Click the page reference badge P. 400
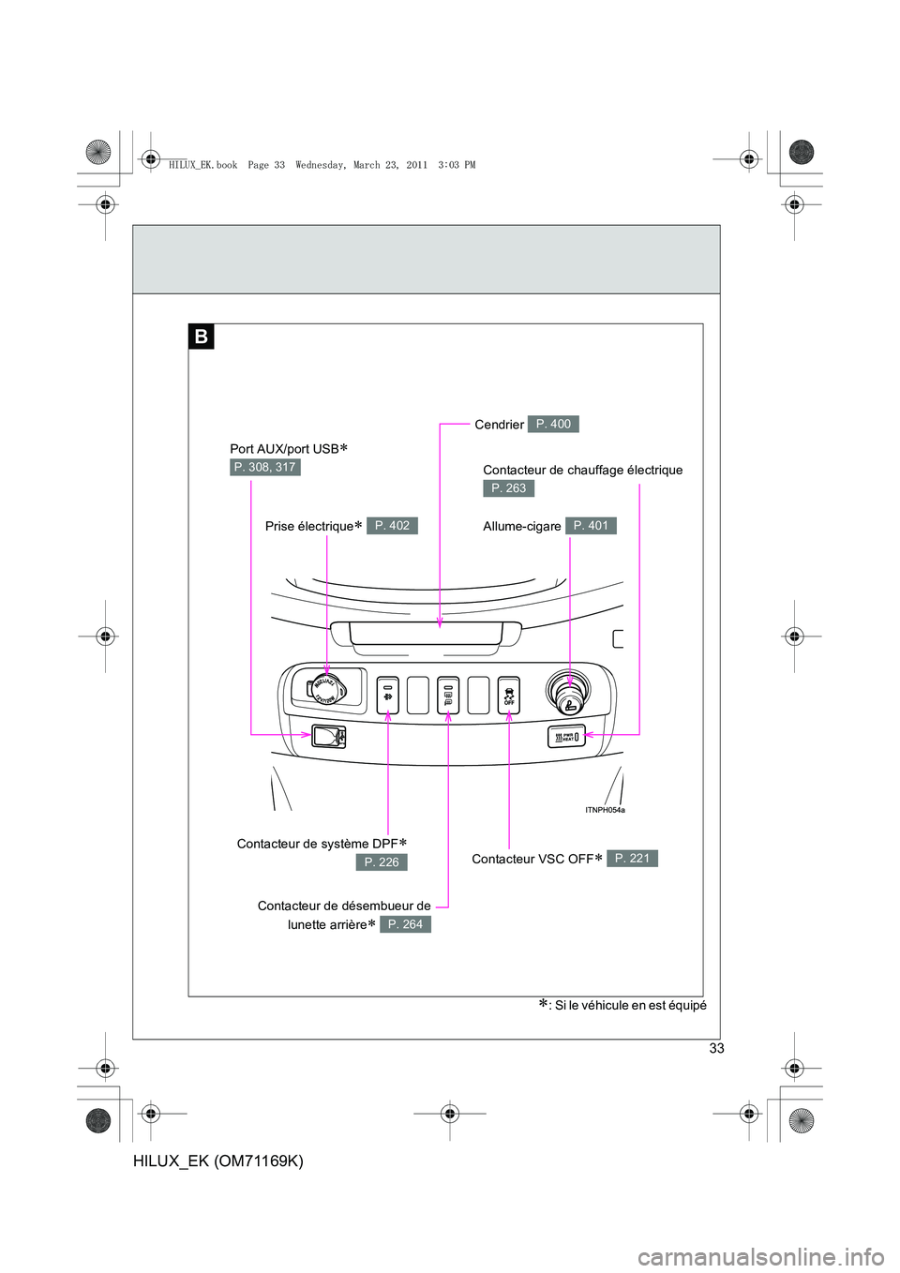553,425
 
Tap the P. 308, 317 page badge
265,467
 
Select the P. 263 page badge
509,488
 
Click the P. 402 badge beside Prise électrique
392,526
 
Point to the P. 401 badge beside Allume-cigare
591,526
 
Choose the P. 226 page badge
382,862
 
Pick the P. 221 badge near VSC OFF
632,859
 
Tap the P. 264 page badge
405,924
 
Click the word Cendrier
499,426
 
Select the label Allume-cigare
521,527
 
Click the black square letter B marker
202,337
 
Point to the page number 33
716,1048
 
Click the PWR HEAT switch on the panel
566,737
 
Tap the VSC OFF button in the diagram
509,696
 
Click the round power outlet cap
325,690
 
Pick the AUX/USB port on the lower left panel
328,737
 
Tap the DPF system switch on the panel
388,696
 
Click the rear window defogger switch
448,696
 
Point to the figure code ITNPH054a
605,810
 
